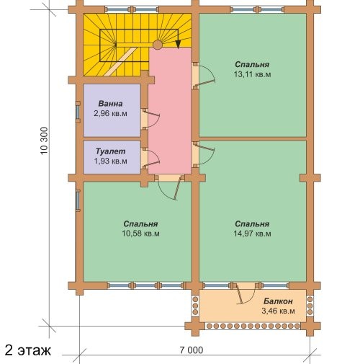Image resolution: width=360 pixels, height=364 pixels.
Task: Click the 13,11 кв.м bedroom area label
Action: [253, 74]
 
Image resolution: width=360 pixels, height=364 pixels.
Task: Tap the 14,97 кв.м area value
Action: [253, 234]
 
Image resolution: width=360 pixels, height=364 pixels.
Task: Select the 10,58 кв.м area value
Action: [141, 234]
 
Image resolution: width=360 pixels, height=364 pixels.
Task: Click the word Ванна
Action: [110, 104]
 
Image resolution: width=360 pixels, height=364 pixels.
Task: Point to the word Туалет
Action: [110, 151]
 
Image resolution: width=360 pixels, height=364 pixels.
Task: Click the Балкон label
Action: [278, 301]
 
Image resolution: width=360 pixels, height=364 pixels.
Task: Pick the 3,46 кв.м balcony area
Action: [278, 311]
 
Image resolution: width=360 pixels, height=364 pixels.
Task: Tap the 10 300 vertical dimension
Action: [45, 141]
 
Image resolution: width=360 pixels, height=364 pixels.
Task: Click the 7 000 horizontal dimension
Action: [192, 350]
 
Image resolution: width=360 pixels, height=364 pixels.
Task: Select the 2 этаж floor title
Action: [27, 350]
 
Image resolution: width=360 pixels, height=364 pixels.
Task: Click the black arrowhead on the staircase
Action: [178, 44]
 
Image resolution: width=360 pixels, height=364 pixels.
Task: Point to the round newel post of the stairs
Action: [158, 45]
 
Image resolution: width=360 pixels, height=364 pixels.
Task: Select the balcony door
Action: [246, 294]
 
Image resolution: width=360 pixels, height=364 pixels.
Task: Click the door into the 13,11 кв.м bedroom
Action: [204, 76]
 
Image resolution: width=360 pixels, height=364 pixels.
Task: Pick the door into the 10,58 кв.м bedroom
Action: [169, 189]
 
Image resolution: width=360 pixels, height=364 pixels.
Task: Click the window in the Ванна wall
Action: [78, 112]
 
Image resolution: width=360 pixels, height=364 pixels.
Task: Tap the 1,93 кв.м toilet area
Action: [110, 161]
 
